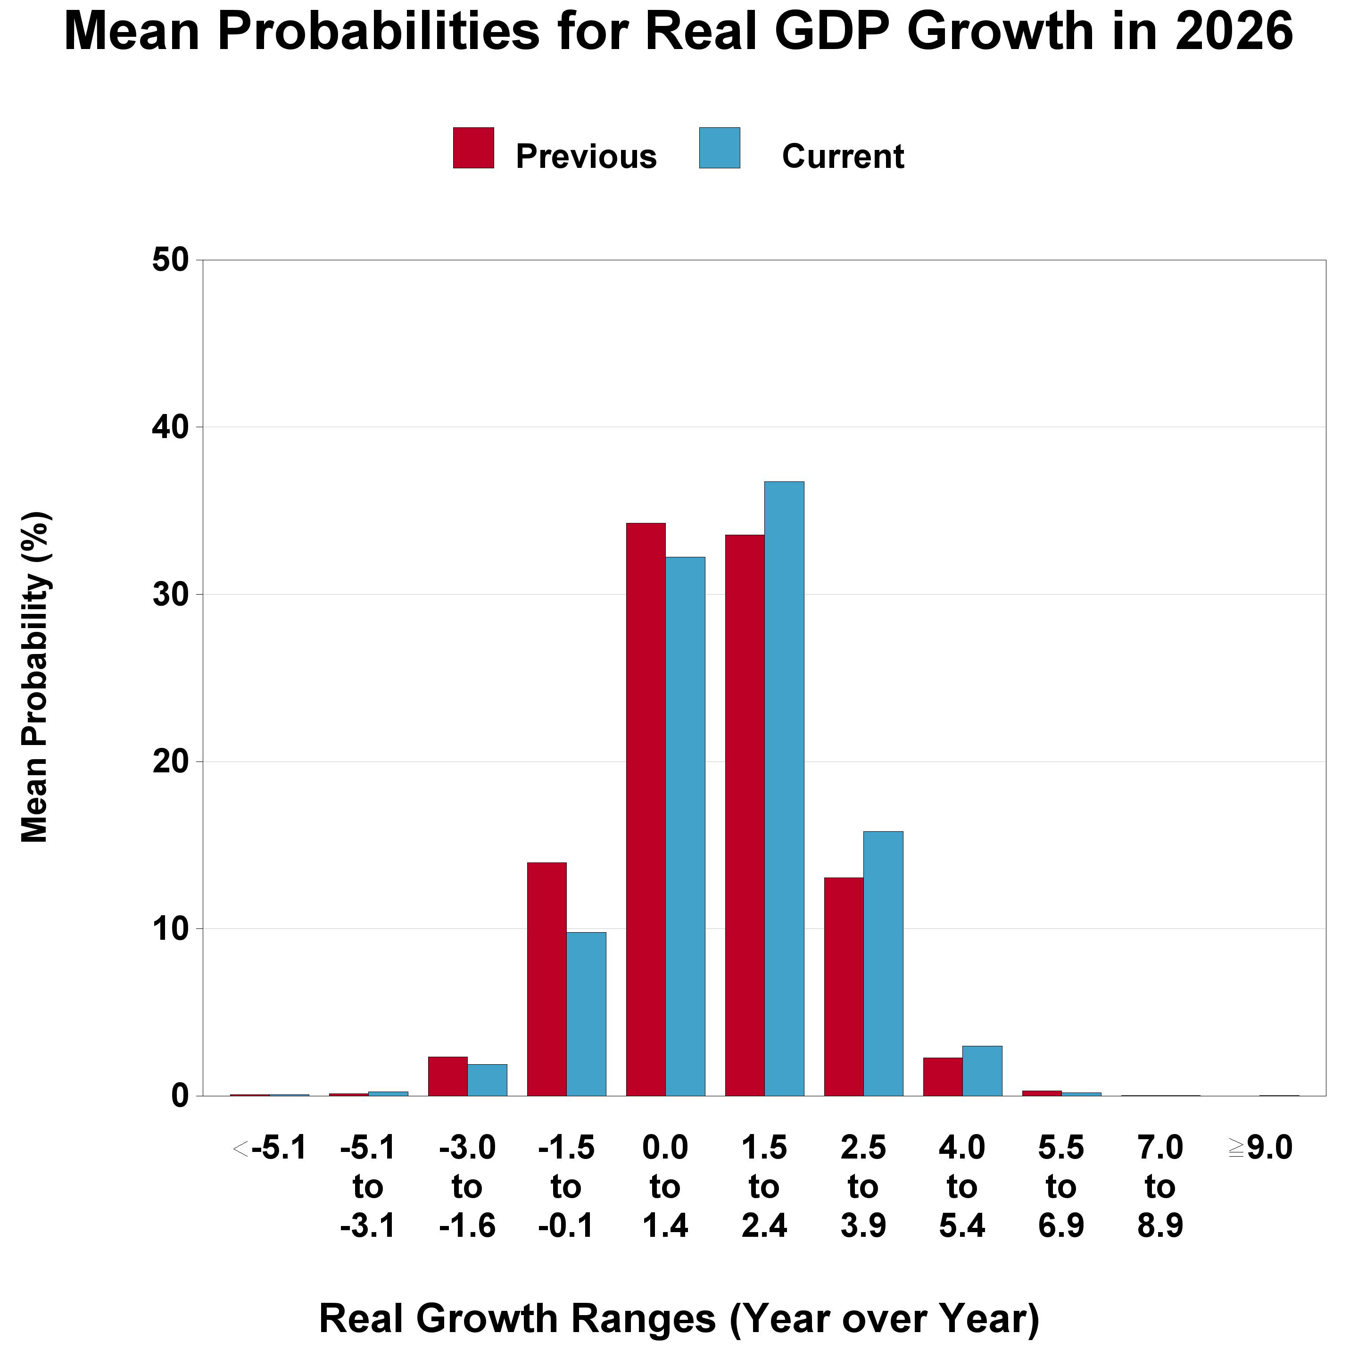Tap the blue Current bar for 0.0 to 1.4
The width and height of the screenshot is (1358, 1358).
click(685, 826)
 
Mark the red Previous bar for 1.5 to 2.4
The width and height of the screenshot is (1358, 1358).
click(745, 815)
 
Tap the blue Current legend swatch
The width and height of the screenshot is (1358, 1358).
click(719, 148)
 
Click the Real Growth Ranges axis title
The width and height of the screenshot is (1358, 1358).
click(679, 1318)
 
